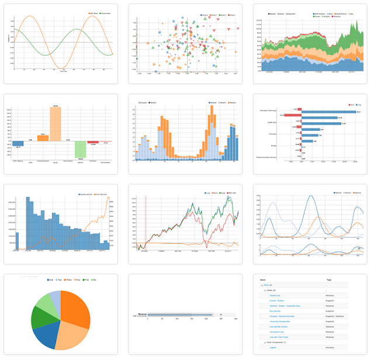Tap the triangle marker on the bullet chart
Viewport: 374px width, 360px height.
point(220,314)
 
